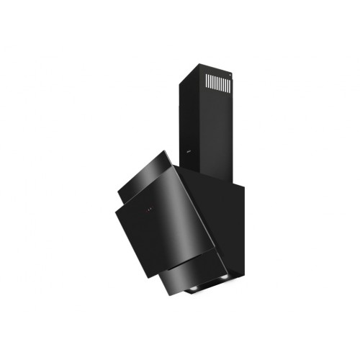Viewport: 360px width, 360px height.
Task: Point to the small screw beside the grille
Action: click(x=229, y=74)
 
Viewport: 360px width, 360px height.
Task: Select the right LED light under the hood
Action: click(x=224, y=278)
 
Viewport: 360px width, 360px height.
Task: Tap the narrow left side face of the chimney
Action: click(x=181, y=115)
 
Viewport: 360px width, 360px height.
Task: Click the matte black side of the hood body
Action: click(x=223, y=216)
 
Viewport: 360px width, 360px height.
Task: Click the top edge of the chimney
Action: click(x=209, y=66)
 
